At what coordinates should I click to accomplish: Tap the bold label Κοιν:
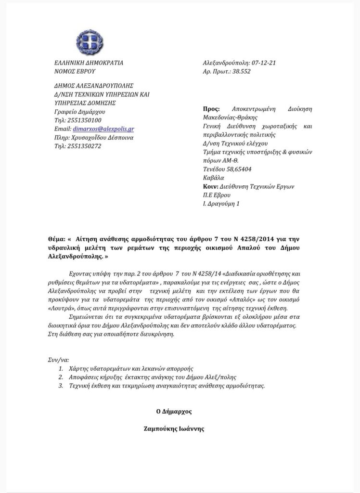210,186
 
